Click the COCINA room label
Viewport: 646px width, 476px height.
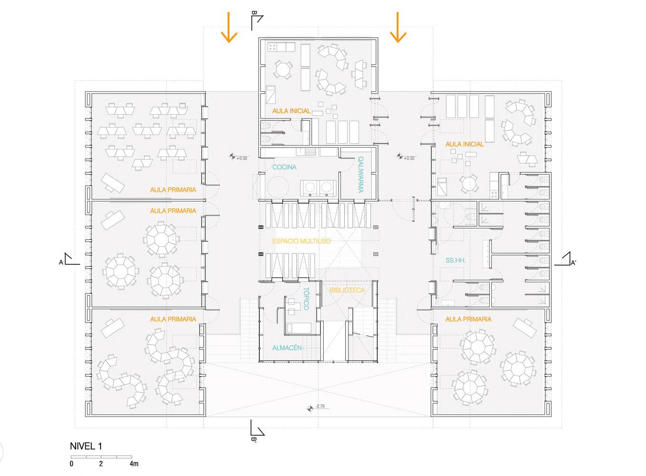pyautogui.click(x=284, y=167)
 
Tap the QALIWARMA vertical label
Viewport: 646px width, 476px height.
pyautogui.click(x=360, y=174)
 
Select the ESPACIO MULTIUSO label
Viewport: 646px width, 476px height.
pyautogui.click(x=302, y=241)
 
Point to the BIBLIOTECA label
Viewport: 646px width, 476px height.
pyautogui.click(x=347, y=290)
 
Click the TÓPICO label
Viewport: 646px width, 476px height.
pyautogui.click(x=306, y=298)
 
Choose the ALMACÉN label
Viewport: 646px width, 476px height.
pyautogui.click(x=287, y=347)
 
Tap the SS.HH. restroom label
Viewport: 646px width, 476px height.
pyautogui.click(x=456, y=260)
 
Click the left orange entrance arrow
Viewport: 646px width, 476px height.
pyautogui.click(x=229, y=28)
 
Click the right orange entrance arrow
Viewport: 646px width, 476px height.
pyautogui.click(x=398, y=28)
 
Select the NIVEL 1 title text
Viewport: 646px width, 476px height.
pyautogui.click(x=86, y=446)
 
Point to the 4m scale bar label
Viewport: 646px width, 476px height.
pyautogui.click(x=134, y=464)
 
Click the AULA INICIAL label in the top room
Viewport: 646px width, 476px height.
pyautogui.click(x=291, y=111)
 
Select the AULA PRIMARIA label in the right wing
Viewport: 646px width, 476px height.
pyautogui.click(x=468, y=319)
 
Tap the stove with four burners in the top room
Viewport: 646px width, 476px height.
pyautogui.click(x=272, y=47)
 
